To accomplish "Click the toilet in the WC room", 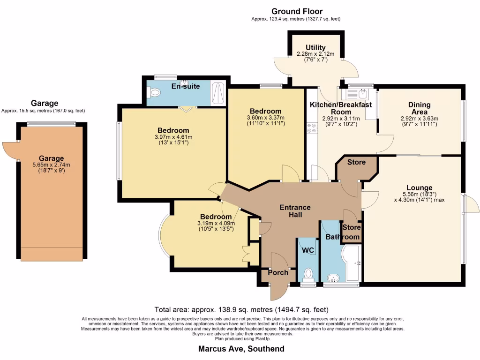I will tap(308, 273).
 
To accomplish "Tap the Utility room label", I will tap(315, 47).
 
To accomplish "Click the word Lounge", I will tap(420, 187).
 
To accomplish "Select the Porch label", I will tap(278, 272).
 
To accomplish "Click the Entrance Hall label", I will tap(295, 211).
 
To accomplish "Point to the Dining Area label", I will tap(419, 108).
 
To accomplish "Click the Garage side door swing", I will tap(10, 150).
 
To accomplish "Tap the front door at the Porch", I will tap(275, 291).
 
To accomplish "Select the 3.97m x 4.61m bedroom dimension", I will tap(173, 137).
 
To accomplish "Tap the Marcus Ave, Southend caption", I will tap(241, 349).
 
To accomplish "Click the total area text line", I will tap(241, 310).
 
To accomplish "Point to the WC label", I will tap(307, 250).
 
